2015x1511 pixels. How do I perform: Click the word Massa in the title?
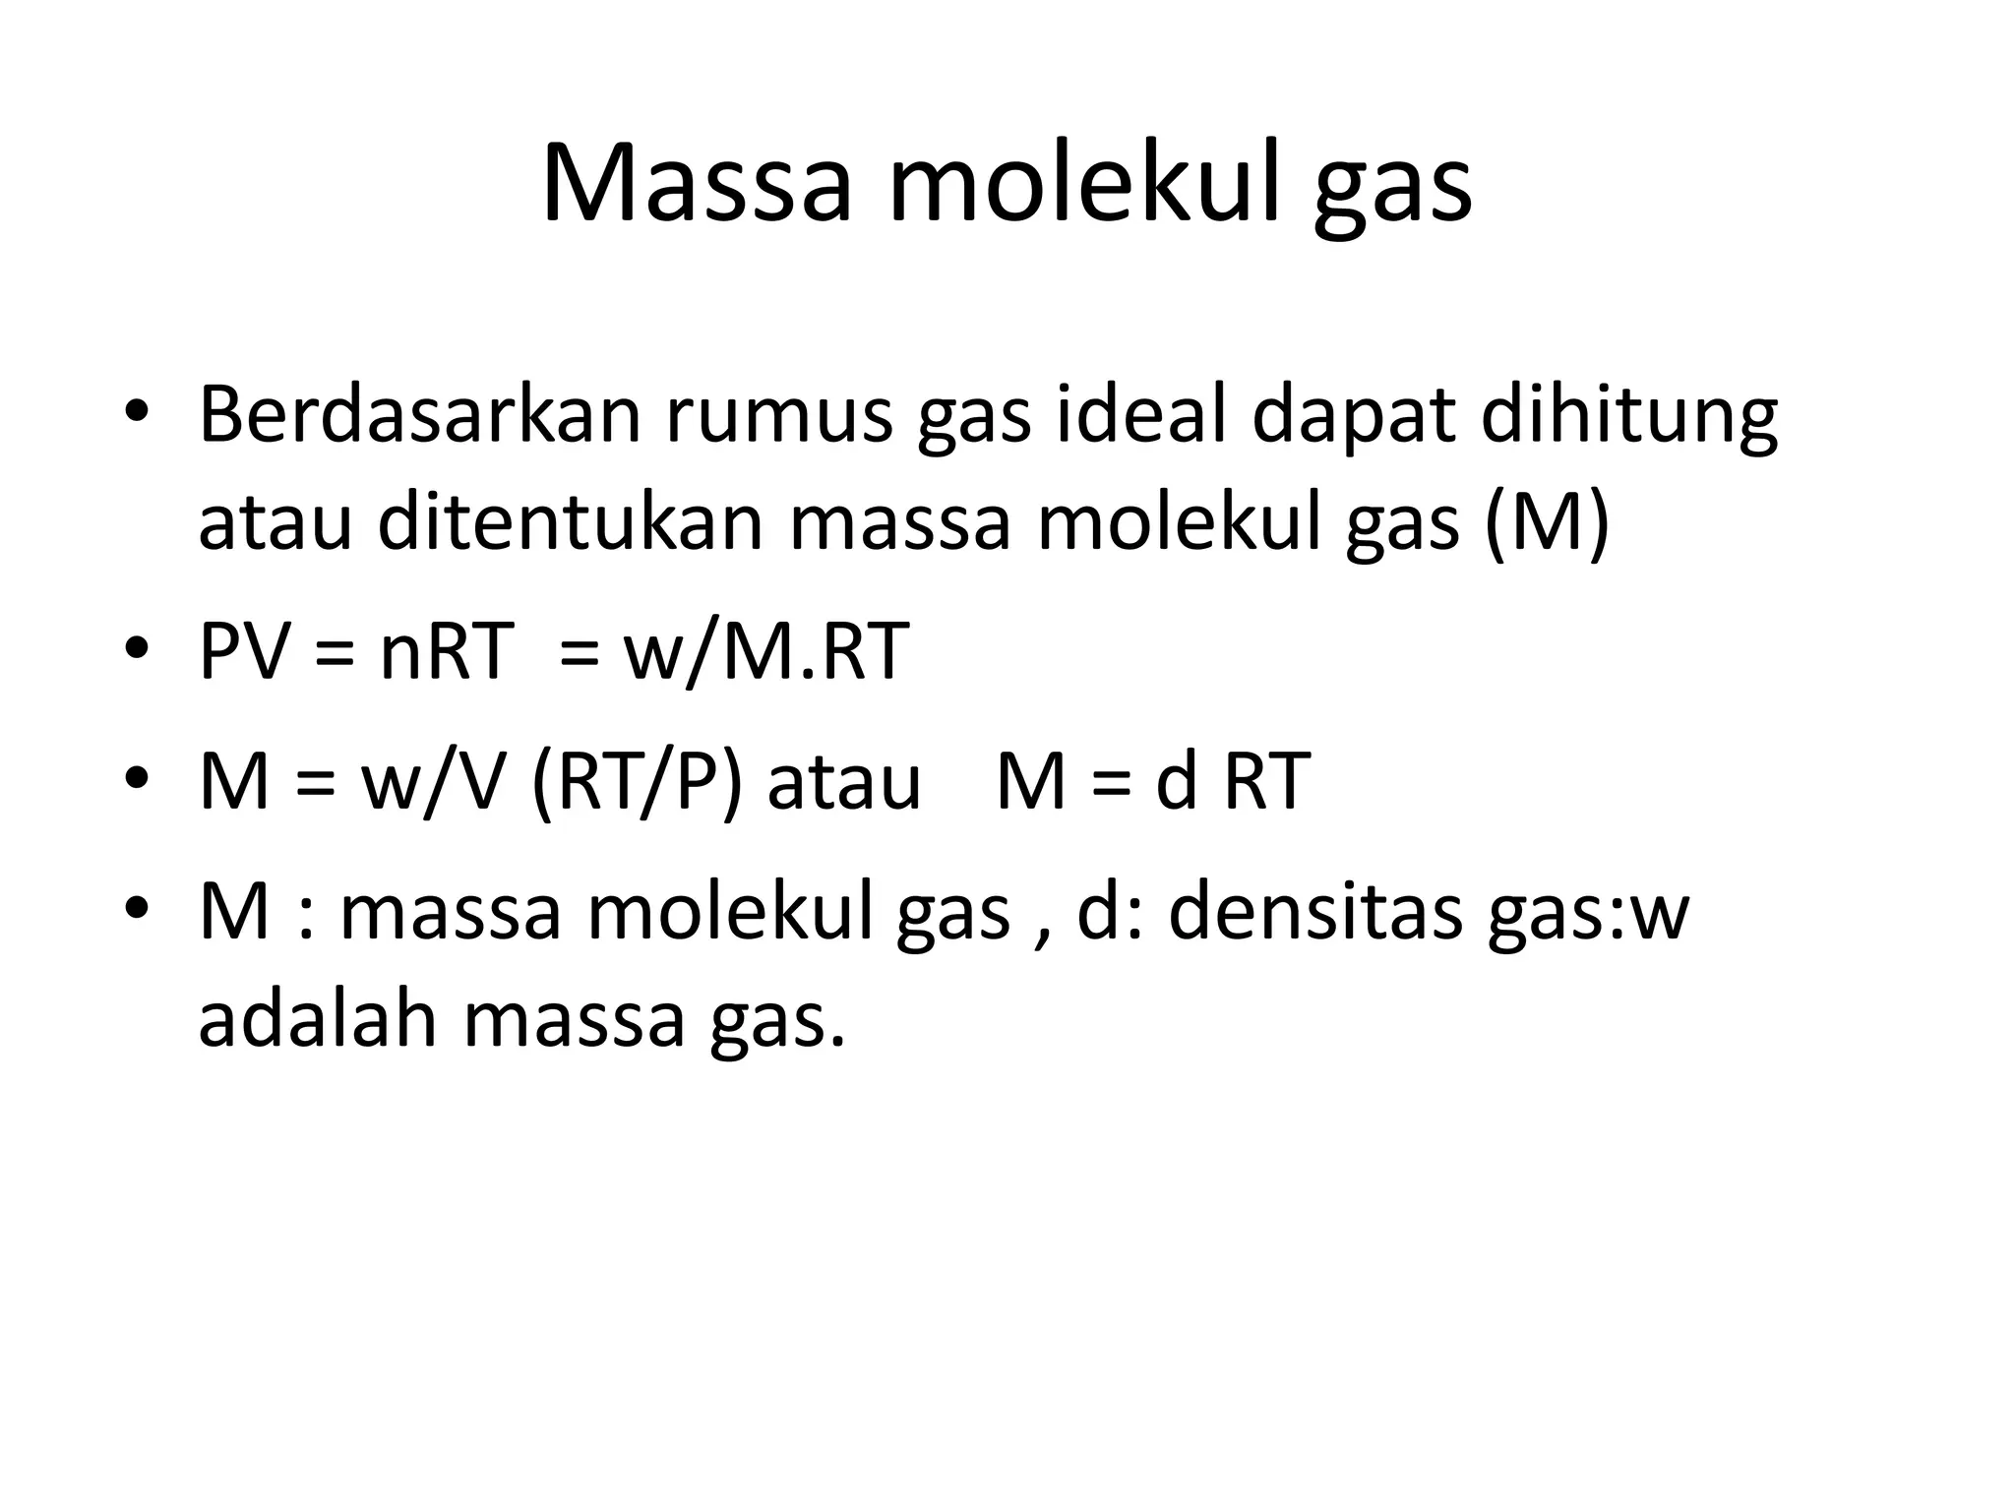pyautogui.click(x=696, y=185)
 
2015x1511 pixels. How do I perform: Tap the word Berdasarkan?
pyautogui.click(x=419, y=415)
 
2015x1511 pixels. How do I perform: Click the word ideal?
pyautogui.click(x=1141, y=415)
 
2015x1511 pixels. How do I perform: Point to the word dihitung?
pyautogui.click(x=1628, y=415)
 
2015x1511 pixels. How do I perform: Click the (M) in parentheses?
pyautogui.click(x=1547, y=522)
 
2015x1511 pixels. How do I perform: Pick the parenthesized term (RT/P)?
pyautogui.click(x=636, y=781)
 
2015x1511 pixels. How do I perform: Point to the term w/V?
pyautogui.click(x=433, y=781)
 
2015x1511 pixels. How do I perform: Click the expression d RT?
pyautogui.click(x=1233, y=781)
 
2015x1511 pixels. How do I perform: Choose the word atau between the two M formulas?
pyautogui.click(x=844, y=781)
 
